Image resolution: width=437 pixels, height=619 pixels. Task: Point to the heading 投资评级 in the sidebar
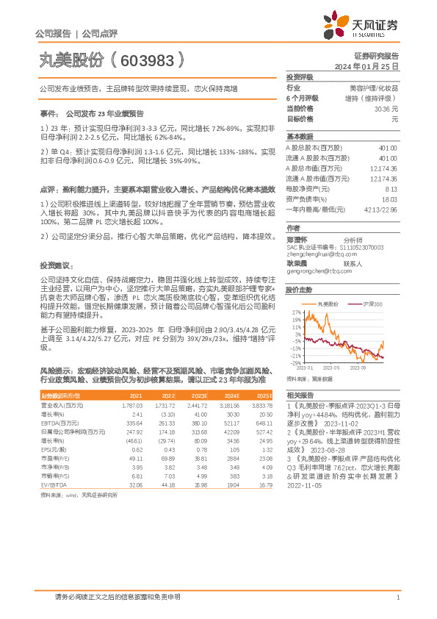(x=300, y=77)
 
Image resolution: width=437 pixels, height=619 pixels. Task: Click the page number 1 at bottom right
(x=397, y=598)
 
